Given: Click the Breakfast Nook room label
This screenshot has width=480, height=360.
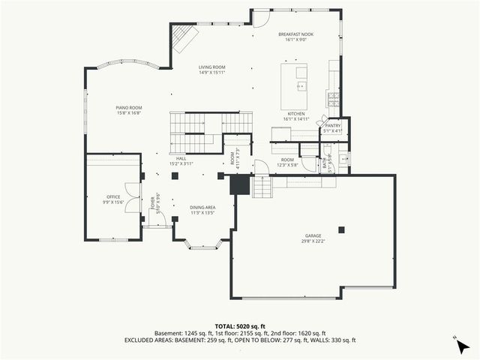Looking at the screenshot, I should [296, 34].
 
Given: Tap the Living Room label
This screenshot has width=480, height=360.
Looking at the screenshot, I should [212, 67].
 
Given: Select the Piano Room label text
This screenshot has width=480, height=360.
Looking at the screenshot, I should [129, 108].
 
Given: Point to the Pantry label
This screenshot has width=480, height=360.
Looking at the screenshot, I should [333, 126].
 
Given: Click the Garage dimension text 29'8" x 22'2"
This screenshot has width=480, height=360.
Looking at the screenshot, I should [313, 240].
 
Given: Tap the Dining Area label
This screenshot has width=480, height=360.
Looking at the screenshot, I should [202, 208].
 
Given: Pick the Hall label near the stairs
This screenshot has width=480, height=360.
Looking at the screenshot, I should [181, 158].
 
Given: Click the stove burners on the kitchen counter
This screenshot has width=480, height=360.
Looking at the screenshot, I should [332, 97].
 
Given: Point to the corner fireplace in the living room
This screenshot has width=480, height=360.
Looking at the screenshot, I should [182, 38].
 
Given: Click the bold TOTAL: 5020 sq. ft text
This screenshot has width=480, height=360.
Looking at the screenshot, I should [239, 326].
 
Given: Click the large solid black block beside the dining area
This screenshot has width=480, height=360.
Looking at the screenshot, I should [239, 185].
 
